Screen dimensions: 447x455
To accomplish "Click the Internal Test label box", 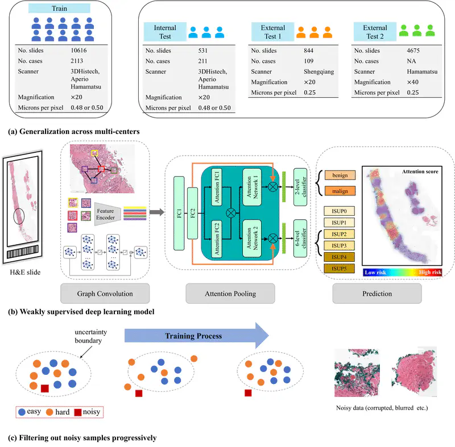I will click(x=164, y=32).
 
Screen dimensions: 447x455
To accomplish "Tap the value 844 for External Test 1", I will click(x=309, y=50).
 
